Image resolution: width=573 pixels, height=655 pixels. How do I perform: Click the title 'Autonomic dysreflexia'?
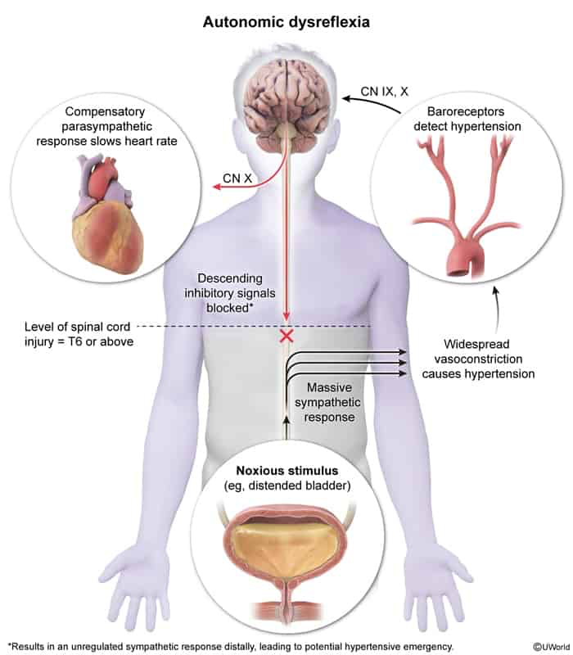point(286,22)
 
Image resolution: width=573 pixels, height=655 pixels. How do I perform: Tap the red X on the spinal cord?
point(286,336)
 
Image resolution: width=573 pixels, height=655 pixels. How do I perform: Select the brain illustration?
point(286,105)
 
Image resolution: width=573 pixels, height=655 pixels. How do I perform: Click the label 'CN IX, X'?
point(384,92)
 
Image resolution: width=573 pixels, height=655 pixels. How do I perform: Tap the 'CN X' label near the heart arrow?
point(237,178)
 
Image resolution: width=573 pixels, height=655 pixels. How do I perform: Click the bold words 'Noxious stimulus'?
point(287,471)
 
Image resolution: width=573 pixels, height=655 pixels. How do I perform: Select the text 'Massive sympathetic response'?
point(328,402)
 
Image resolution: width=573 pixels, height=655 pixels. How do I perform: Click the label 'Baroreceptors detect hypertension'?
point(467,119)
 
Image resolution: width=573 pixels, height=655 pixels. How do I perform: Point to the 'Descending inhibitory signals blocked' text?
point(230,293)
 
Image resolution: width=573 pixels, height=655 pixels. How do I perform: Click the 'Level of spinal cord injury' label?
point(79,334)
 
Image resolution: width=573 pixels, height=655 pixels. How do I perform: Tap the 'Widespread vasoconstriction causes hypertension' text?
point(478,359)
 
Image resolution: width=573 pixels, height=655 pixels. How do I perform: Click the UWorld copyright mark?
point(551,647)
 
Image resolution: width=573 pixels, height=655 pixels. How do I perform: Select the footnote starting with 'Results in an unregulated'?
point(231,647)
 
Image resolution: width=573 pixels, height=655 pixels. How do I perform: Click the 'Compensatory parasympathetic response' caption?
point(106,126)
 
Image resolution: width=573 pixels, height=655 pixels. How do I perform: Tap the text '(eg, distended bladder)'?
point(287,486)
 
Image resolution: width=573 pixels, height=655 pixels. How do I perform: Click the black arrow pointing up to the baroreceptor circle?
point(497,309)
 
